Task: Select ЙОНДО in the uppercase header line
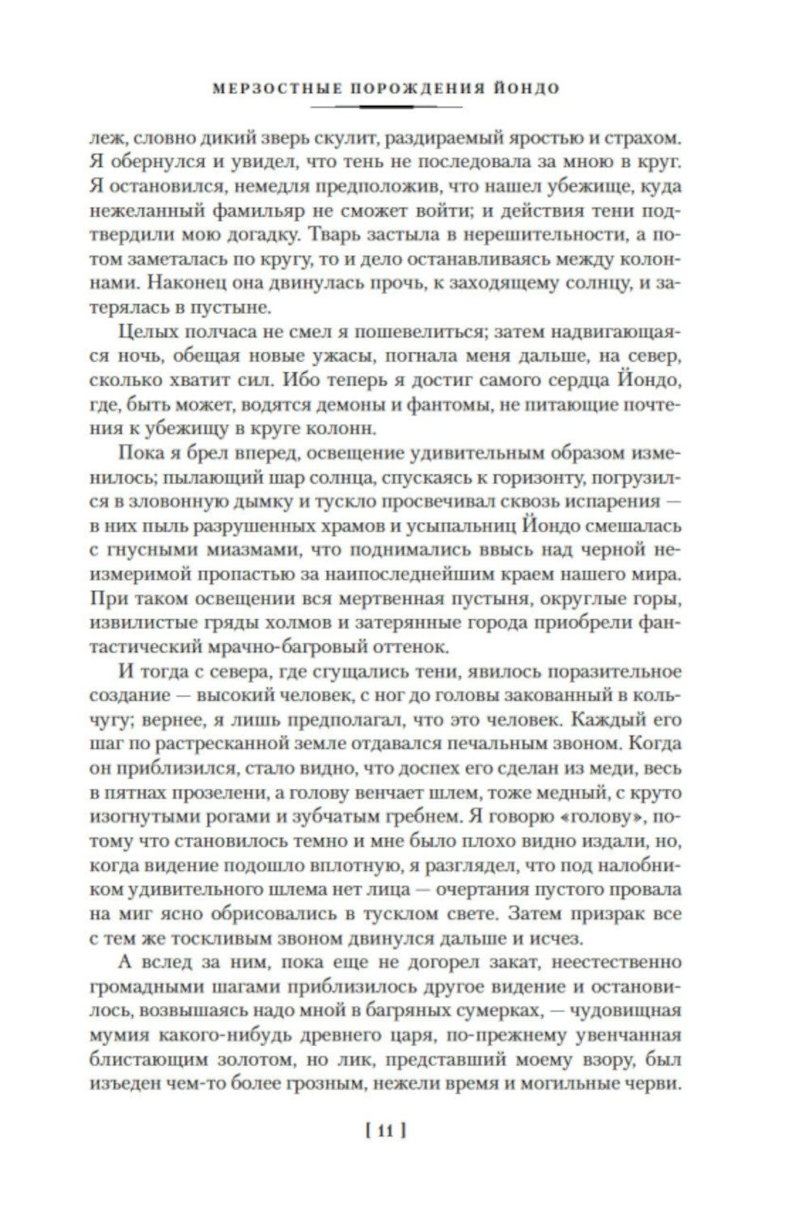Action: coord(526,87)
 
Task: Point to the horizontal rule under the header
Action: coord(386,106)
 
